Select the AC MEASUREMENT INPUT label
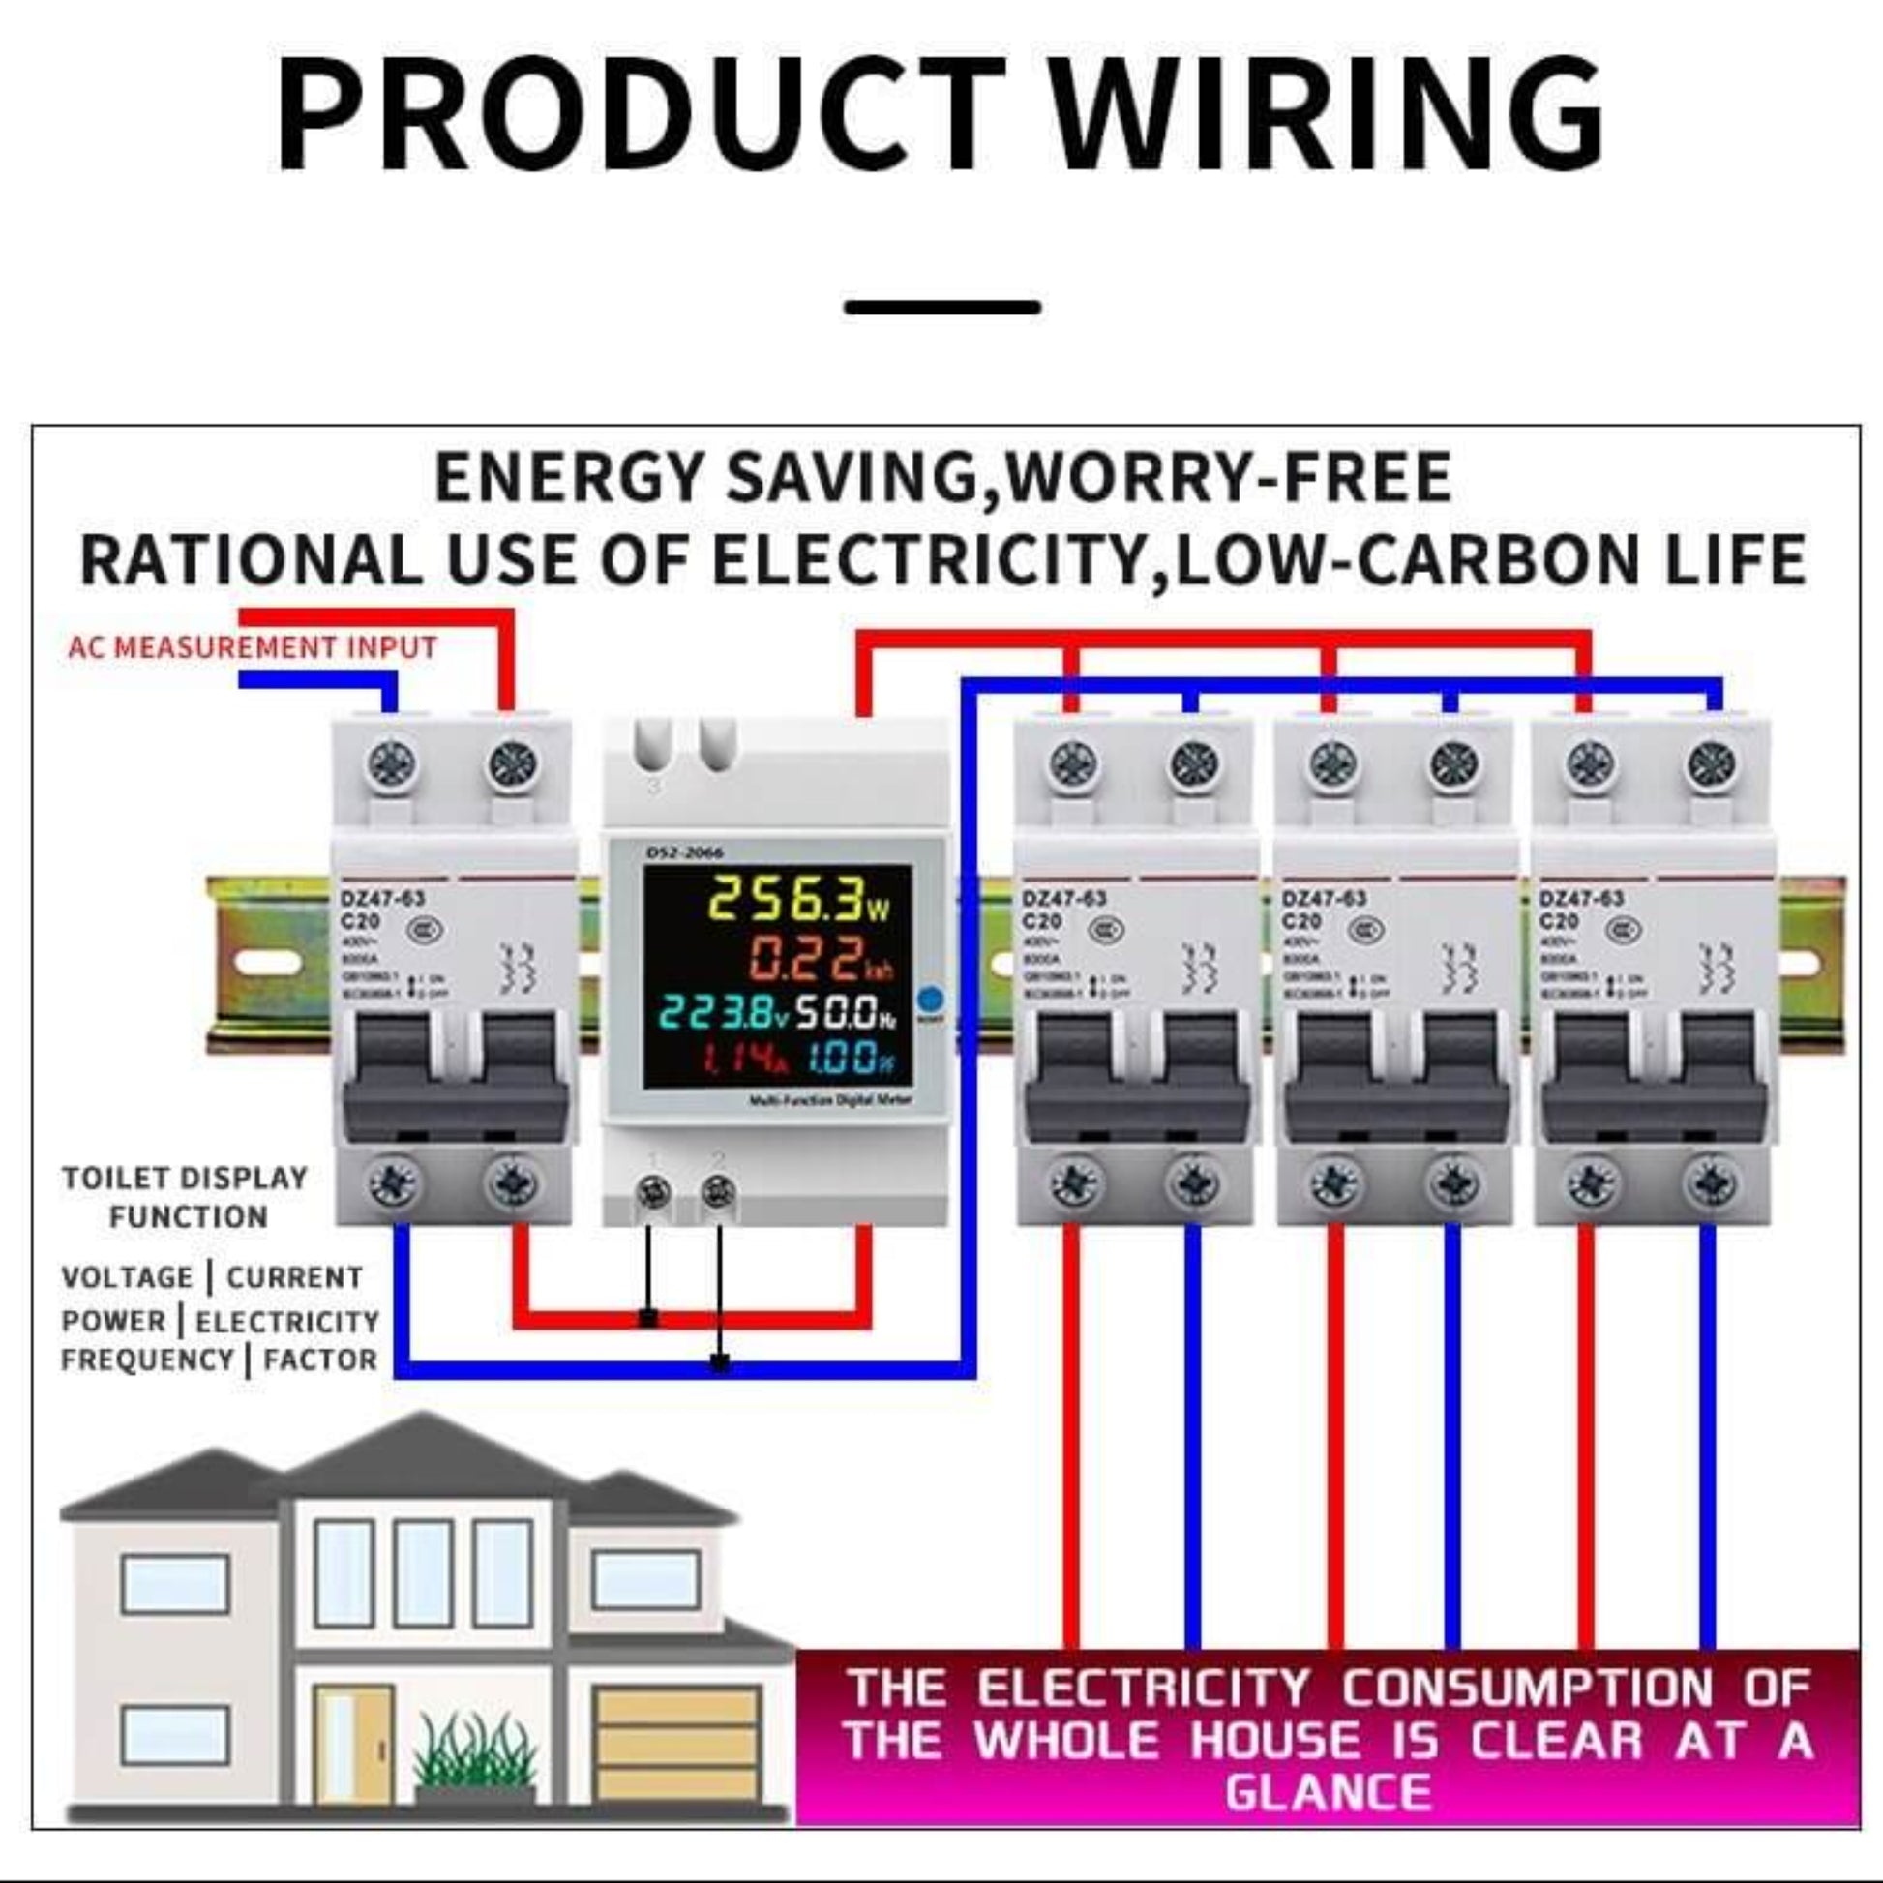[253, 647]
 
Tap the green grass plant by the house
[475, 1751]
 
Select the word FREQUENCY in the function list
[147, 1360]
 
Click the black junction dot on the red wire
[648, 1320]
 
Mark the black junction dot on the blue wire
[720, 1362]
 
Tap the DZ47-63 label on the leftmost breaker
[382, 899]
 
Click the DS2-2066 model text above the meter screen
[684, 852]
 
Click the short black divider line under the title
[942, 307]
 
